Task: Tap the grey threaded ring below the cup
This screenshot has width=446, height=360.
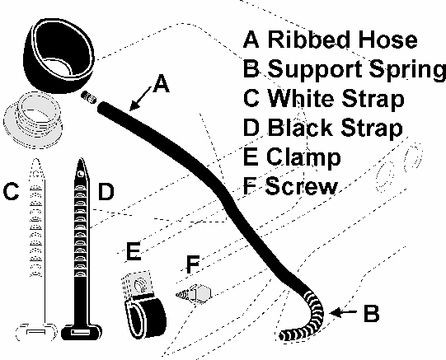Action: [x=33, y=120]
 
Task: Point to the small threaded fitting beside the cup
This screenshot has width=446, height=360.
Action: [x=88, y=97]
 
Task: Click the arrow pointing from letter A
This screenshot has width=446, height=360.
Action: [x=139, y=99]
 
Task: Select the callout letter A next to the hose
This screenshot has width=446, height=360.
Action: [x=161, y=83]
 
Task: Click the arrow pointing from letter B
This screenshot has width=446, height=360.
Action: [x=343, y=312]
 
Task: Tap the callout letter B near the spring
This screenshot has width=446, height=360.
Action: [x=372, y=313]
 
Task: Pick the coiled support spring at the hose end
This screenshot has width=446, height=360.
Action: [x=304, y=318]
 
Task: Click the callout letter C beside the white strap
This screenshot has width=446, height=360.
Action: [x=11, y=191]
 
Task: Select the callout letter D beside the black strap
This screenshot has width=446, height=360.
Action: [x=106, y=191]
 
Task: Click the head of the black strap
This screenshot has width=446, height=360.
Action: [x=82, y=332]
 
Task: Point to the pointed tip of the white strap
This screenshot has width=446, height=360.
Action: [x=36, y=160]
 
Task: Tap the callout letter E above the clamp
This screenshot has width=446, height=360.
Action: [x=134, y=251]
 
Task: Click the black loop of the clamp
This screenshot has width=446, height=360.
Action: [x=146, y=317]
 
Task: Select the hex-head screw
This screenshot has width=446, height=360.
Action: [x=194, y=294]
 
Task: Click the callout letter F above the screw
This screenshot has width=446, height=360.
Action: [x=193, y=264]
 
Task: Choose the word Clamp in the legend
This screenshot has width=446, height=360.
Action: [x=303, y=157]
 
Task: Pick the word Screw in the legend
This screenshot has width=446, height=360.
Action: [x=301, y=185]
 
